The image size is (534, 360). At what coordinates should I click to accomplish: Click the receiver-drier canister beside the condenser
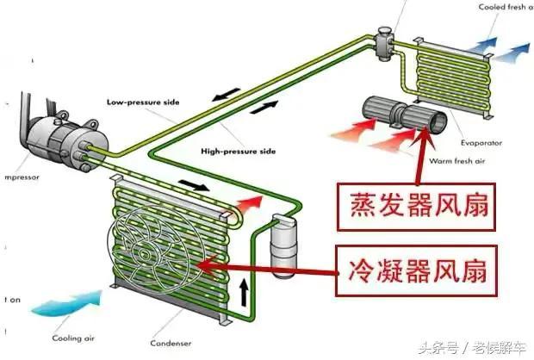[279, 245]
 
